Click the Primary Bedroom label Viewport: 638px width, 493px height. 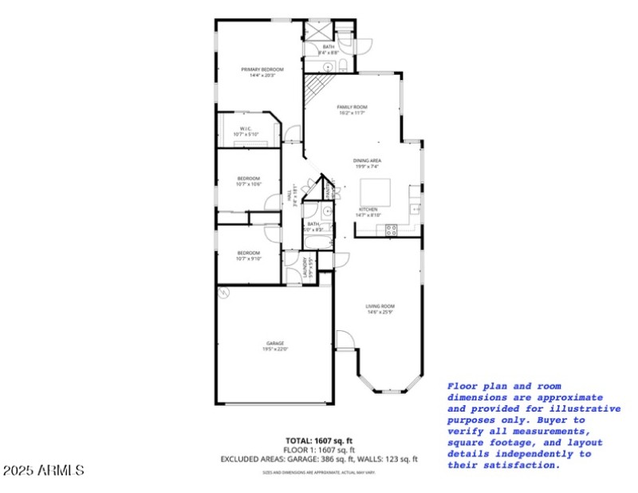262,69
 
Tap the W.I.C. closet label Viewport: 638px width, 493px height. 246,128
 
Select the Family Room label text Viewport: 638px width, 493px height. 351,107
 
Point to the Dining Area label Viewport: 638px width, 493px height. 367,160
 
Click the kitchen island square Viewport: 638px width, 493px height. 376,191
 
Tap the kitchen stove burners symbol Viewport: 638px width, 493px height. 392,230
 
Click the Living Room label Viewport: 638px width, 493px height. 380,306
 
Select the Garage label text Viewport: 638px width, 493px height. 275,343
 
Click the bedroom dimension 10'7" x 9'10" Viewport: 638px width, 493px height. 249,258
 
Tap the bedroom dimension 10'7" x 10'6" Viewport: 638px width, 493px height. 249,184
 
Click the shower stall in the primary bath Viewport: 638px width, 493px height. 318,30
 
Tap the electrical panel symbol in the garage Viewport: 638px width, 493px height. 226,294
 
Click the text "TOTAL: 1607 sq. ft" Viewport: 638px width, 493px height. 319,440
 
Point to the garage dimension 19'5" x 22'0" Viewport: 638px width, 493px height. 275,349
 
